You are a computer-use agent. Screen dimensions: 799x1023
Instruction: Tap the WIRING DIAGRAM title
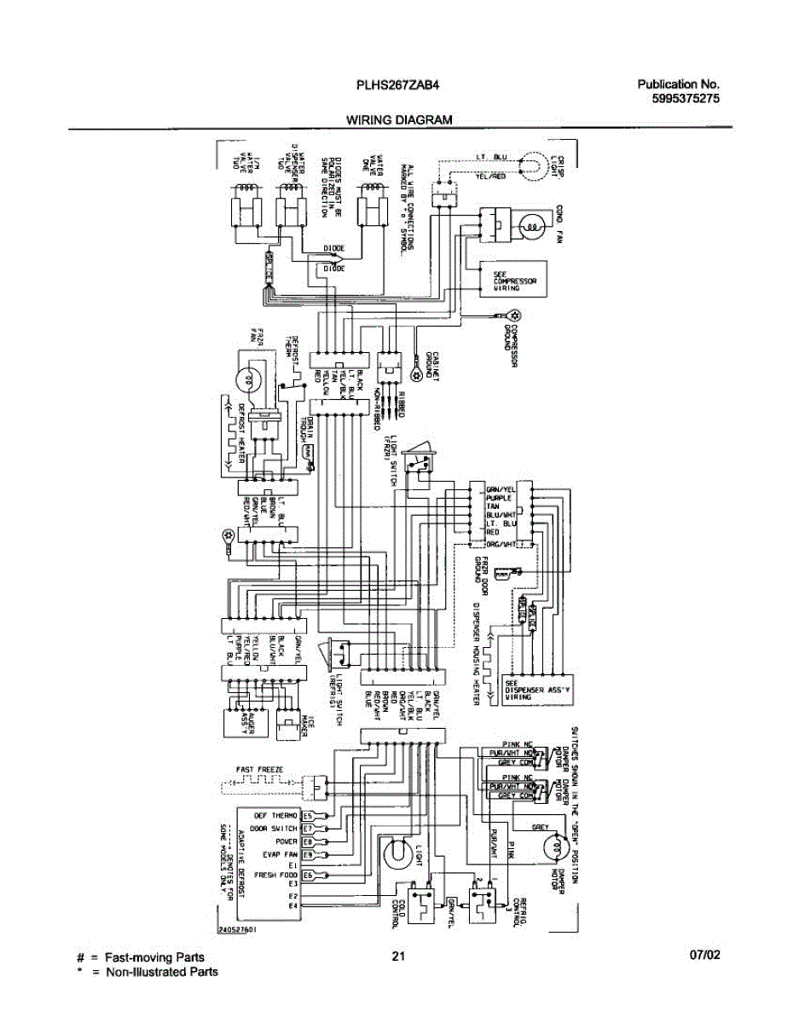coord(398,120)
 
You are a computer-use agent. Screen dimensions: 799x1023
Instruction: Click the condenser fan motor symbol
coord(531,228)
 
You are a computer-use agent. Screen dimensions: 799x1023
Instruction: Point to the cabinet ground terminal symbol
coord(415,375)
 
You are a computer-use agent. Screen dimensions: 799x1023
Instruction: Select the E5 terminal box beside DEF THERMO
coord(309,816)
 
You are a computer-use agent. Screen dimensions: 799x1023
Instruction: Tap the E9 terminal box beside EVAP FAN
coord(309,853)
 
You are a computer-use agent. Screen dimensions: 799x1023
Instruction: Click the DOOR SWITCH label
coord(274,829)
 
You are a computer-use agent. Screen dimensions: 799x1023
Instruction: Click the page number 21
coord(397,956)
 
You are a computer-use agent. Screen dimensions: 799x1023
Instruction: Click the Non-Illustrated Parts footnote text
coord(160,972)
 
